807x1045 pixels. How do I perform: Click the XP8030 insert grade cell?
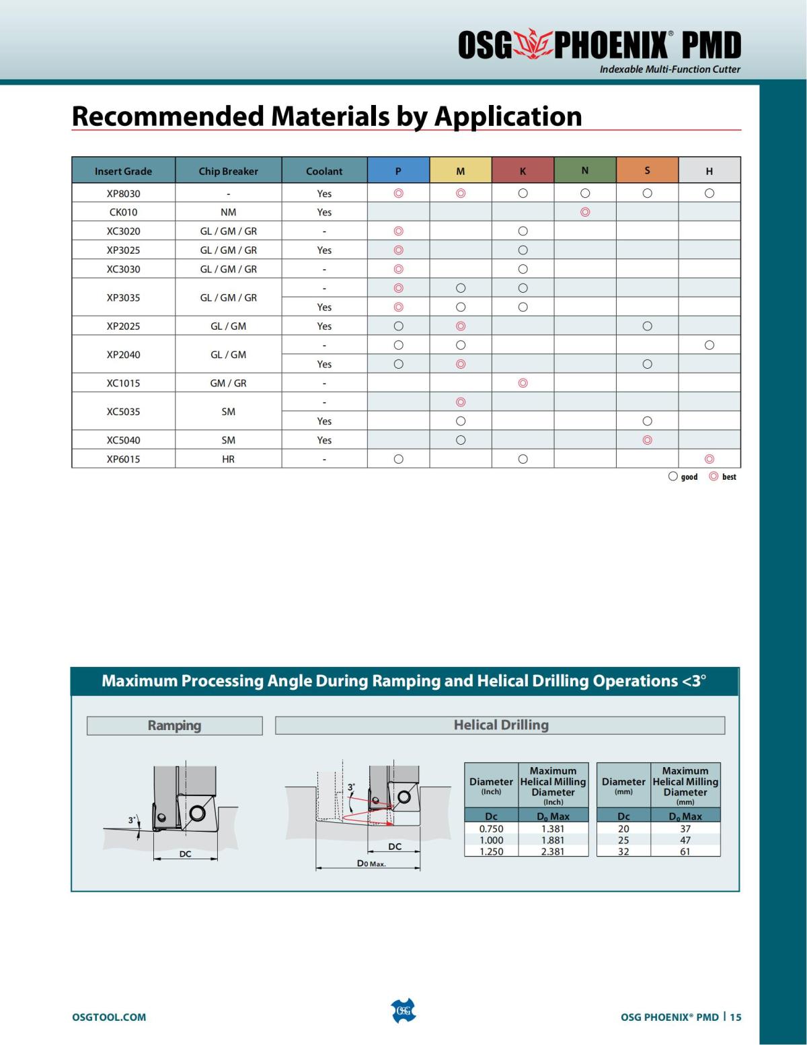(123, 193)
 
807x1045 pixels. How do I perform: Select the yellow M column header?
(460, 171)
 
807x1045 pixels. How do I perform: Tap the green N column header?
(584, 171)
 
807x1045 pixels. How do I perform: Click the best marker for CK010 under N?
(584, 212)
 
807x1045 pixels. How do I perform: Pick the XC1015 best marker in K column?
(523, 383)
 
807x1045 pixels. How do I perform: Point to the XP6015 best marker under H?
(709, 459)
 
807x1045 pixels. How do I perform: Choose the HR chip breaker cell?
(228, 459)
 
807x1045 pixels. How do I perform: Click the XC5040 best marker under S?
(647, 440)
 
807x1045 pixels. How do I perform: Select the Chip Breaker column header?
(228, 171)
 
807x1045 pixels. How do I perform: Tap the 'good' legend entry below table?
(683, 476)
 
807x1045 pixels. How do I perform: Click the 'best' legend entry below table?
(723, 476)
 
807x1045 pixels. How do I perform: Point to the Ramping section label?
(174, 725)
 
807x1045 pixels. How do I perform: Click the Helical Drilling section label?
(500, 725)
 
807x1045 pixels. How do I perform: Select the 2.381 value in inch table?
(553, 851)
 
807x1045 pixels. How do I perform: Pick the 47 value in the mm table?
(685, 840)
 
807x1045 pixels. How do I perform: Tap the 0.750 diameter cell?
(491, 829)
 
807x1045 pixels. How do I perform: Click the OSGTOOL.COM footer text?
(109, 1017)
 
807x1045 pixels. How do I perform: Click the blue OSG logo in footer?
(403, 1011)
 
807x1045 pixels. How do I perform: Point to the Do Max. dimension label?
(371, 863)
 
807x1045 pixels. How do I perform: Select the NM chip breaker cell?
(228, 212)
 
